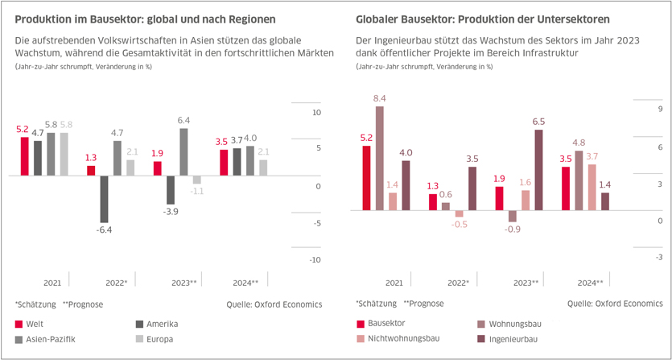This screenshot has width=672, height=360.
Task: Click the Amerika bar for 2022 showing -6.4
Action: [x=104, y=198]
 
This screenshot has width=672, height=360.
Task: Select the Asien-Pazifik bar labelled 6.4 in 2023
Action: [x=183, y=151]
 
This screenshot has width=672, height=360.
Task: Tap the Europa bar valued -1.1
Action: [x=197, y=179]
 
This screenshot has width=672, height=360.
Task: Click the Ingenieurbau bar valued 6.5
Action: [x=538, y=170]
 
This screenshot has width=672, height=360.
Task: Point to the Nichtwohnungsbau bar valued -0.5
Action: [x=459, y=214]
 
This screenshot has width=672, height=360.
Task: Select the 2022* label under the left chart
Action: [x=117, y=283]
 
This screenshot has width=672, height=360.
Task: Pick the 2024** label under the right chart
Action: [x=589, y=283]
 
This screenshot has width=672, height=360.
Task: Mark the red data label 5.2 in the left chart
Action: [x=23, y=129]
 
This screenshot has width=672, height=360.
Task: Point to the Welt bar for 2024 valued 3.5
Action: [x=224, y=162]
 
